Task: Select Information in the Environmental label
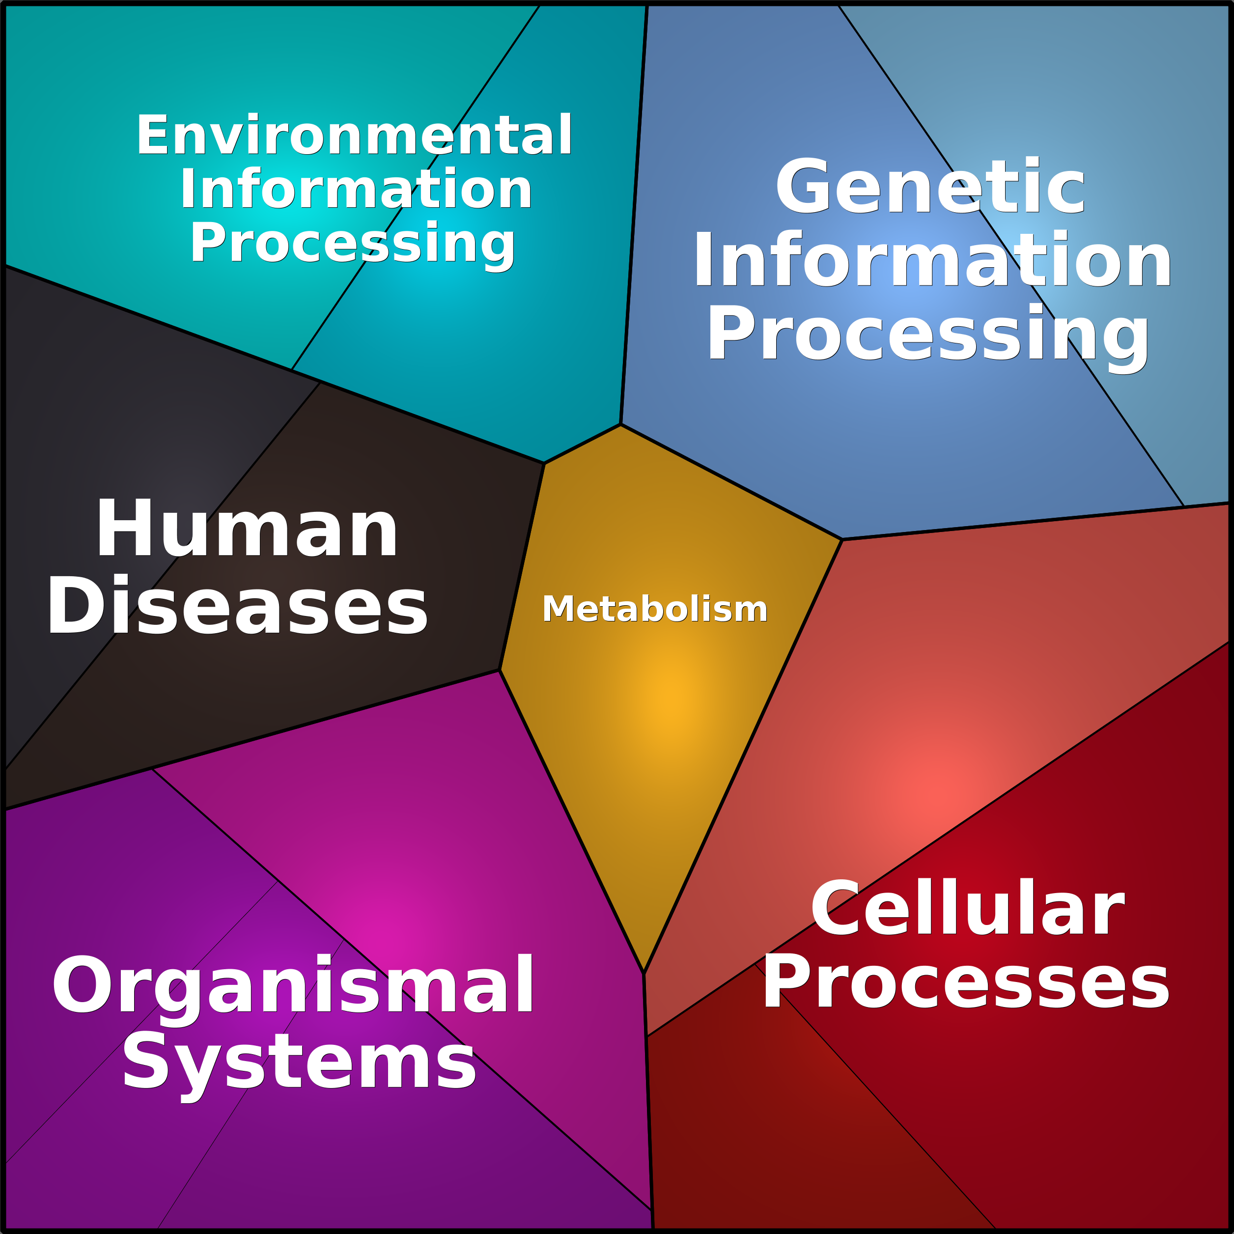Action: coord(356,189)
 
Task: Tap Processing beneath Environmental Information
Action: coord(353,245)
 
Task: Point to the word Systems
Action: coord(299,1064)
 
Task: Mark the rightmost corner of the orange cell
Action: coord(842,540)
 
